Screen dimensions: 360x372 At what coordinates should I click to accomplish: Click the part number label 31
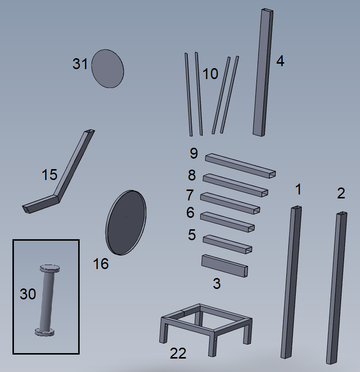coord(80,64)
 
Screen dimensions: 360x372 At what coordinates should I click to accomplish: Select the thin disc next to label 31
coord(108,69)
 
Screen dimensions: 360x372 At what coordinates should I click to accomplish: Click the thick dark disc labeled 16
coord(126,222)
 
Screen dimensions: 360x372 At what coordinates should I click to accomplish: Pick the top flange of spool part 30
coord(50,269)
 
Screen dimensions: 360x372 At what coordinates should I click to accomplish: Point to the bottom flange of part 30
coord(44,332)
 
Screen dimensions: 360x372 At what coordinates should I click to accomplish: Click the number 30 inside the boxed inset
coord(28,294)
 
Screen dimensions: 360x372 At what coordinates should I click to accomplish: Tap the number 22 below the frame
coord(178,353)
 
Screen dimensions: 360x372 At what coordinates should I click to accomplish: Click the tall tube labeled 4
coord(263,72)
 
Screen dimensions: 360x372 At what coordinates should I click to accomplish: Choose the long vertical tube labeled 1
coord(291,282)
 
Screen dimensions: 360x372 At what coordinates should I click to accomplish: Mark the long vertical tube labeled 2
coord(337,287)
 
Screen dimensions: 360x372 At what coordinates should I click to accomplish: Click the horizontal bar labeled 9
coord(240,165)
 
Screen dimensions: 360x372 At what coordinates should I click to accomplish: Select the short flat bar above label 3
coord(225,266)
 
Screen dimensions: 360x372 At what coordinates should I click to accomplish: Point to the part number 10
coord(210,74)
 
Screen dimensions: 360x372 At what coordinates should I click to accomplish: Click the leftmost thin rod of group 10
coord(189,94)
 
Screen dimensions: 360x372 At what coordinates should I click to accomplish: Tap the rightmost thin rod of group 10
coord(230,94)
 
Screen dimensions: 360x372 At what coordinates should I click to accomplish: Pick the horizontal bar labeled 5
coord(227,244)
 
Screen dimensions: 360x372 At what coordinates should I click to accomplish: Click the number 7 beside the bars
coord(190,195)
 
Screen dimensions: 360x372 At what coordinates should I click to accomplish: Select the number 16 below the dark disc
coord(101,264)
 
